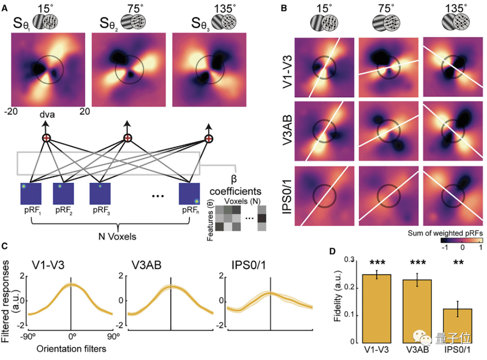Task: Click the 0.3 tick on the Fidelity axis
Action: [348, 260]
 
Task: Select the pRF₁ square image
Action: [31, 194]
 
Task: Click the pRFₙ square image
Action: [190, 194]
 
